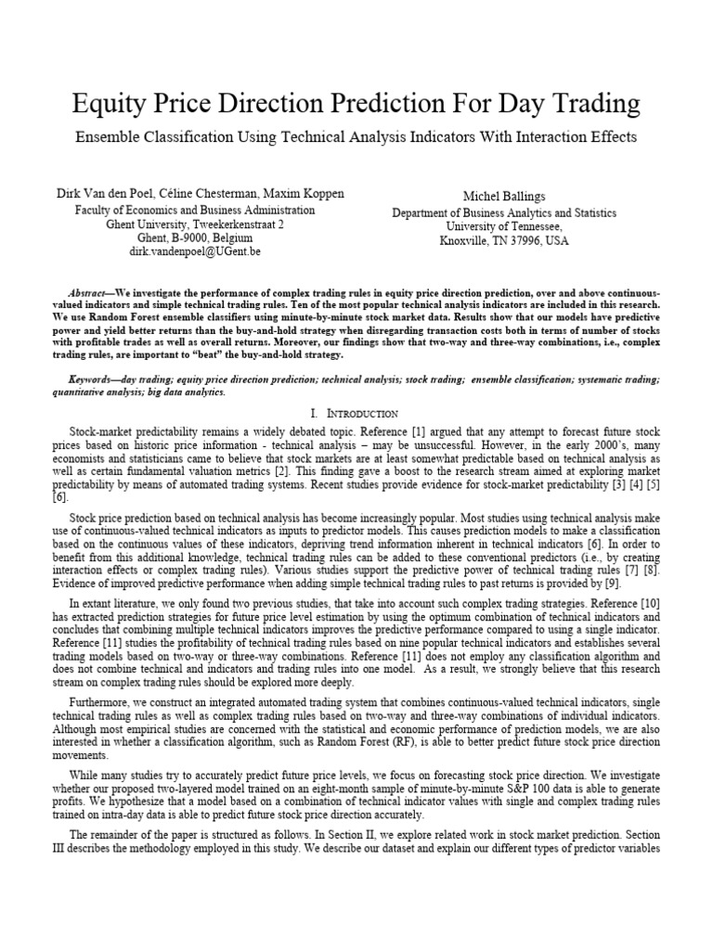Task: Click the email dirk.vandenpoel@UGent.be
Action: pyautogui.click(x=194, y=251)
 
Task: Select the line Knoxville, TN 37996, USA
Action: pyautogui.click(x=503, y=240)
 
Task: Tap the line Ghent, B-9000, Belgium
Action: pyautogui.click(x=194, y=237)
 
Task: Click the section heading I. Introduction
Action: pyautogui.click(x=356, y=413)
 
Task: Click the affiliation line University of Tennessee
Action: pyautogui.click(x=503, y=226)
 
